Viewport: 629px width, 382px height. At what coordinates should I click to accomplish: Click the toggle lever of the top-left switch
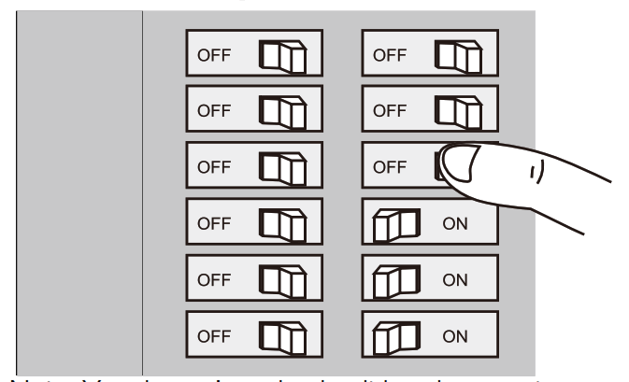coord(282,54)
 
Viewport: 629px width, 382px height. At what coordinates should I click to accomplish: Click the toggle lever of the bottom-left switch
coord(282,335)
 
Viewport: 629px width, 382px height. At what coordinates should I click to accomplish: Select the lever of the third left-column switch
coord(282,167)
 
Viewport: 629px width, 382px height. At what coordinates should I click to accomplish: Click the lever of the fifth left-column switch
coord(282,279)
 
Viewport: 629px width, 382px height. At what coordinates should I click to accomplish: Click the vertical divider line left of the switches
coord(142,187)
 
